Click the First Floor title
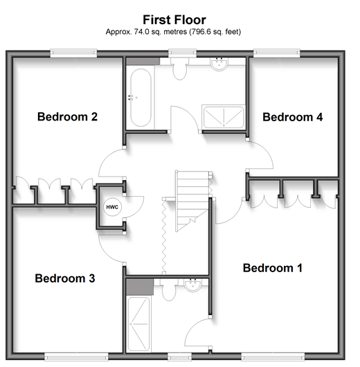[174, 19]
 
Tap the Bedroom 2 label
[67, 116]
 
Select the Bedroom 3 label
[65, 278]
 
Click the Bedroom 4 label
[293, 117]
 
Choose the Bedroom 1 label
[273, 268]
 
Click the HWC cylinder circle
[112, 207]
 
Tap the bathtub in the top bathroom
[141, 98]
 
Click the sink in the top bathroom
[219, 64]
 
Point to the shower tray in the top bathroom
[224, 116]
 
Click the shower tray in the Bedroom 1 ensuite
[138, 324]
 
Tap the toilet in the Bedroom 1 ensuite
[169, 290]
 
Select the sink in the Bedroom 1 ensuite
[192, 285]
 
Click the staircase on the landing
[192, 202]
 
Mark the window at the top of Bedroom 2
[73, 53]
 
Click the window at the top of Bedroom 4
[277, 53]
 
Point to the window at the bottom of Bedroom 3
[76, 357]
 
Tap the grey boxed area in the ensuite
[140, 287]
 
